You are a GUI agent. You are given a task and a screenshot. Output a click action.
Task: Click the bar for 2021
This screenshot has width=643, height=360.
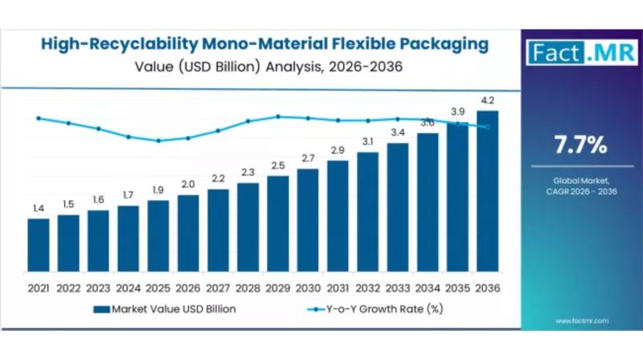click(x=38, y=244)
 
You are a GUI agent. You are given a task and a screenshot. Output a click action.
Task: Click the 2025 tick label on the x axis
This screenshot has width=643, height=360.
click(x=158, y=287)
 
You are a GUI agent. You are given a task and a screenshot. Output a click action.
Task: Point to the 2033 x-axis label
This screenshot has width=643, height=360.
click(x=398, y=287)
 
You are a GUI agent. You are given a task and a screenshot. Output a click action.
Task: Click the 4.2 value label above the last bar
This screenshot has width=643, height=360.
click(x=487, y=100)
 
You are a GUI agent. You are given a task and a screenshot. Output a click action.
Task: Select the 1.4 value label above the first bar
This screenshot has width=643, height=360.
click(x=38, y=209)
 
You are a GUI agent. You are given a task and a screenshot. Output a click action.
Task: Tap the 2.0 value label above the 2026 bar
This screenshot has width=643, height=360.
click(x=188, y=185)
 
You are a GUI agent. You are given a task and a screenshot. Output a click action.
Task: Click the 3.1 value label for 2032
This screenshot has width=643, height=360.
click(x=367, y=142)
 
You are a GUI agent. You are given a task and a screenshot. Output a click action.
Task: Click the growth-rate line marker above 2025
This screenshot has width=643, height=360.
click(x=158, y=141)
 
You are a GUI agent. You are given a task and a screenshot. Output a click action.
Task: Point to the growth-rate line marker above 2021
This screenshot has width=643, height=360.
click(x=38, y=118)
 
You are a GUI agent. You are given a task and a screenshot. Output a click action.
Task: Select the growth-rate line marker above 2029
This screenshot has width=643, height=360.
click(x=278, y=117)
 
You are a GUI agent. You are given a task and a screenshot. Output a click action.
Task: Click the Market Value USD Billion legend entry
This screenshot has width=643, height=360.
click(x=164, y=309)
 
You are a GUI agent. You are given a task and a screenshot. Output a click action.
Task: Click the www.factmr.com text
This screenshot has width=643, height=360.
click(x=580, y=321)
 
